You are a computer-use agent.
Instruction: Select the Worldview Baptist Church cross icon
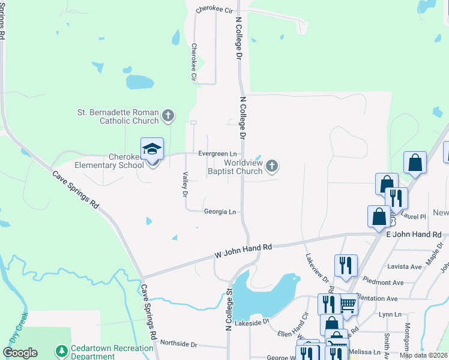click(x=272, y=166)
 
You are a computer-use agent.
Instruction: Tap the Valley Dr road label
click(x=185, y=184)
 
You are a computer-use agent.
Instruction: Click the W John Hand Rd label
click(x=243, y=251)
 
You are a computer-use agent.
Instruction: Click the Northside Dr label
click(x=178, y=344)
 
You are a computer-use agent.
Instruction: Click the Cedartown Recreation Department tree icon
click(x=61, y=350)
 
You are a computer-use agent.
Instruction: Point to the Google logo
click(x=20, y=353)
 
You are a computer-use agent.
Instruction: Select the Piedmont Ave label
click(x=384, y=282)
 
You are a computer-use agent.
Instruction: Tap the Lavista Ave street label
click(x=405, y=266)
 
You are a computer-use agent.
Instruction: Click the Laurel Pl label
click(x=413, y=216)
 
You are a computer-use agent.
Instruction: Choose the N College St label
click(x=229, y=310)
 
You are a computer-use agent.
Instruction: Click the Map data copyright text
click(x=424, y=355)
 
